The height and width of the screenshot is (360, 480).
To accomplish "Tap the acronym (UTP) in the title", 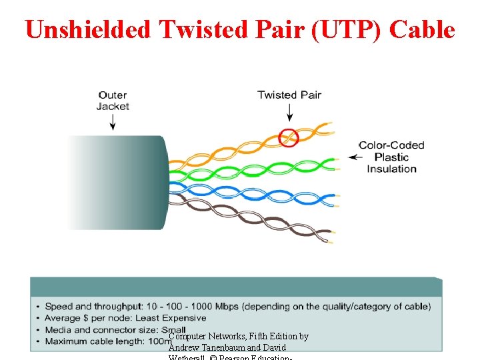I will pyautogui.click(x=347, y=29).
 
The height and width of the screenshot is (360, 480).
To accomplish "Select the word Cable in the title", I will pyautogui.click(x=422, y=29).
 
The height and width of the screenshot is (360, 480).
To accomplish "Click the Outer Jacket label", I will pyautogui.click(x=113, y=101).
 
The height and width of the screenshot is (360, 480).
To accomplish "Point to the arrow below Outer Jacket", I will pyautogui.click(x=113, y=121).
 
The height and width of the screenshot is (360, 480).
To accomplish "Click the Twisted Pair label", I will pyautogui.click(x=289, y=95).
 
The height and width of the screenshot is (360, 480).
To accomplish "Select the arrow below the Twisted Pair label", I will pyautogui.click(x=289, y=115).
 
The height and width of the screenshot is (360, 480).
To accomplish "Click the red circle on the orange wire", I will pyautogui.click(x=289, y=137).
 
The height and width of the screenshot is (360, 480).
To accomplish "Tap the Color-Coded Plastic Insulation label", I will pyautogui.click(x=391, y=157).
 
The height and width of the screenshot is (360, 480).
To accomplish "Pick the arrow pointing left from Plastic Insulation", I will pyautogui.click(x=355, y=158).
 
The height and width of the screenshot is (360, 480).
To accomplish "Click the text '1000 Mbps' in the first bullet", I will pyautogui.click(x=215, y=307).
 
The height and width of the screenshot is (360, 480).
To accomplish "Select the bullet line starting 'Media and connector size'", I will pyautogui.click(x=107, y=330).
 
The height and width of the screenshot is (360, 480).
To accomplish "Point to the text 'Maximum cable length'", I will pyautogui.click(x=93, y=341).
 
